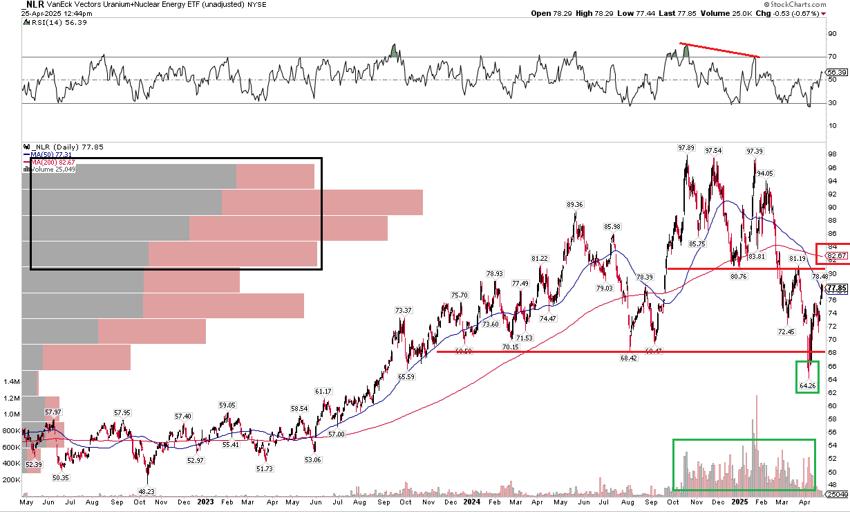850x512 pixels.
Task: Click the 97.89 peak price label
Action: tap(686, 148)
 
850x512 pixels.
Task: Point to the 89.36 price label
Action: tap(575, 205)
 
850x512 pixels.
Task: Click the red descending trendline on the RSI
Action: tap(719, 50)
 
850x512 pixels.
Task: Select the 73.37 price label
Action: tap(404, 311)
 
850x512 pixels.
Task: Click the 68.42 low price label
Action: tap(628, 358)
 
